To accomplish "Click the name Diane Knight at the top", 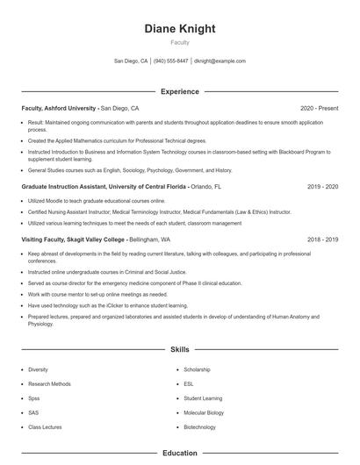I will pos(179,28).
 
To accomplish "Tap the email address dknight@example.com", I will pos(220,61).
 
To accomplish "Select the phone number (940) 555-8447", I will pos(170,61).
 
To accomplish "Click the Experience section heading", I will pos(179,91).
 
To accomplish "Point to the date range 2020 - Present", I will pos(319,108).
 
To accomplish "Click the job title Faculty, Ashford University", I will pos(59,108).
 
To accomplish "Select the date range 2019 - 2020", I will pos(322,187).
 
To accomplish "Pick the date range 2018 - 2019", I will pos(322,239).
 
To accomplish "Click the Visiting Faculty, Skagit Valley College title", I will pos(74,239).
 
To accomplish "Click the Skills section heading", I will pos(179,349).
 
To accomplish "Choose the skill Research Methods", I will pos(49,383).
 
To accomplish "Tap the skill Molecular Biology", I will pos(204,412).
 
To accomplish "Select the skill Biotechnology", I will pos(199,426).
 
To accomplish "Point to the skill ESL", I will pos(189,383).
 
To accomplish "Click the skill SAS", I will pos(33,412).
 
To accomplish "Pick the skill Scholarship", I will pos(197,369).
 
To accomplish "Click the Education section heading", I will pos(179,454).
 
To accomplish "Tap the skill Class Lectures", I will pos(46,426).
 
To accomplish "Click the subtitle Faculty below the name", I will pos(179,42).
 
